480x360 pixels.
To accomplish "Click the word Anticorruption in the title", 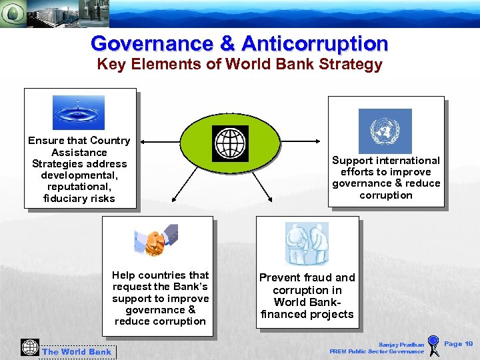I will pyautogui.click(x=315, y=44).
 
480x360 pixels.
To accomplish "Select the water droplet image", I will pyautogui.click(x=79, y=113).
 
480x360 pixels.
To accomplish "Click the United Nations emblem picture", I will pyautogui.click(x=385, y=131).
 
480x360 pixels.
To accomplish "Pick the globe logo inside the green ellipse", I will pyautogui.click(x=230, y=143).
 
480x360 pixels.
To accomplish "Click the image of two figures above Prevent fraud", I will pyautogui.click(x=307, y=243).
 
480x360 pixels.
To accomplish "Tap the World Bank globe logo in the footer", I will pyautogui.click(x=30, y=347).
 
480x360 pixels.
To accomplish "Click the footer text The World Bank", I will pyautogui.click(x=77, y=352).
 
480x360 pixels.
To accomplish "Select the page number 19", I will pyautogui.click(x=468, y=343).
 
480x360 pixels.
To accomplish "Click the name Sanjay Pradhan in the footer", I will pyautogui.click(x=401, y=345).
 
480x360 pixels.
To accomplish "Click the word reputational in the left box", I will pyautogui.click(x=79, y=187).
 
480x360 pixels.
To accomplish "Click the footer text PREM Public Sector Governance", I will pyautogui.click(x=377, y=351).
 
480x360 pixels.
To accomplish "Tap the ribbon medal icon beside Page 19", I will pyautogui.click(x=433, y=345).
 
